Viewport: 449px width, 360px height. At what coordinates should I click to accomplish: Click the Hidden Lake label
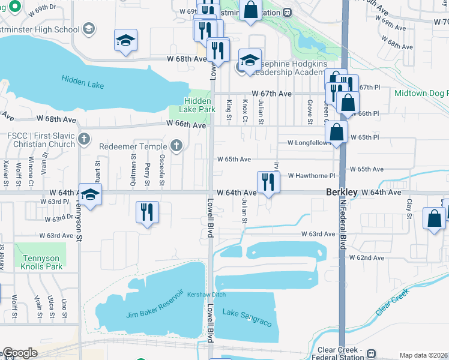pyautogui.click(x=83, y=82)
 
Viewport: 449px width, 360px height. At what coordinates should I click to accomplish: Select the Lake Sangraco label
pyautogui.click(x=247, y=317)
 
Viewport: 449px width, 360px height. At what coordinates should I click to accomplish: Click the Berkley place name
pyautogui.click(x=342, y=192)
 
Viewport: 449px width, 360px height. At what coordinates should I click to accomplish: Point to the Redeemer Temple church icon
pyautogui.click(x=176, y=145)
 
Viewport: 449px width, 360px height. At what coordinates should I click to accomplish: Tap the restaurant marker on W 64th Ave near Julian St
pyautogui.click(x=268, y=182)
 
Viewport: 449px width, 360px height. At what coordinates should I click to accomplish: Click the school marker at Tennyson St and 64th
pyautogui.click(x=90, y=196)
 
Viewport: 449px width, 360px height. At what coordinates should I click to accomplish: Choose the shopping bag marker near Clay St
pyautogui.click(x=434, y=219)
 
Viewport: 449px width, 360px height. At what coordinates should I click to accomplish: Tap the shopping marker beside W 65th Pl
pyautogui.click(x=338, y=133)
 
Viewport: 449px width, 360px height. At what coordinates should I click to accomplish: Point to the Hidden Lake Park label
pyautogui.click(x=197, y=106)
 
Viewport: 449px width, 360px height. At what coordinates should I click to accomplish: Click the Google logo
pyautogui.click(x=20, y=353)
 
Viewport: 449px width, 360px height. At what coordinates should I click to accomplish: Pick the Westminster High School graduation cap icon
pyautogui.click(x=89, y=29)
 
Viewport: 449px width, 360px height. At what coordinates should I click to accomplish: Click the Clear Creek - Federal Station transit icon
pyautogui.click(x=372, y=353)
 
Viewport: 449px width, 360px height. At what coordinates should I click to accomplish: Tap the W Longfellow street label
pyautogui.click(x=309, y=143)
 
